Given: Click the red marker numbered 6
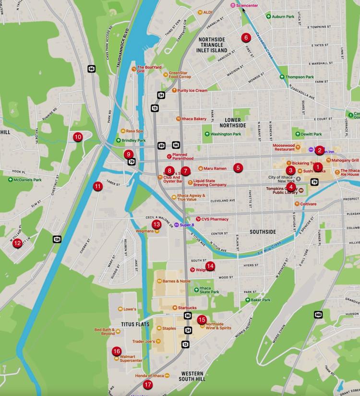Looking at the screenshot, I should click(x=246, y=37).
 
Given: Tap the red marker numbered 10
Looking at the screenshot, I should click(x=77, y=137).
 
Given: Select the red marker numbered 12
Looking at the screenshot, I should click(x=17, y=243).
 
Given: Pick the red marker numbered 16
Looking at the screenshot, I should click(x=117, y=351).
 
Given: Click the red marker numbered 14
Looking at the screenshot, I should click(x=210, y=266).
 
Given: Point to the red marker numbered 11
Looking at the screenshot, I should click(x=97, y=186).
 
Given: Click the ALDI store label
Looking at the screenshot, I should click(x=207, y=12).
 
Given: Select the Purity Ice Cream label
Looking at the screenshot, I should click(x=192, y=90).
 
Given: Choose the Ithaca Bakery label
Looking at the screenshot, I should click(x=193, y=119).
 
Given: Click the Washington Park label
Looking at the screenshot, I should click(x=226, y=134).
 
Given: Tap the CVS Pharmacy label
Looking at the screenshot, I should click(x=215, y=219).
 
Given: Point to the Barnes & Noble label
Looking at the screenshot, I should click(x=177, y=281).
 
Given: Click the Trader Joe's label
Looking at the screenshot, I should click(x=143, y=341).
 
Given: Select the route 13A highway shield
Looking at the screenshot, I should click(x=57, y=239).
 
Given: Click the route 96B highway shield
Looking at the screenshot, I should click(x=318, y=314).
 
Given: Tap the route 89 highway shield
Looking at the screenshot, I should click(x=161, y=145).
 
